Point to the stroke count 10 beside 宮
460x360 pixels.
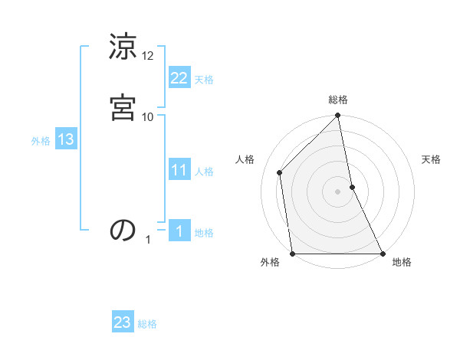148,116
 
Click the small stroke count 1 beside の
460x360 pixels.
149,240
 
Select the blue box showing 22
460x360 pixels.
179,78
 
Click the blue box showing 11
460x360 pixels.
179,170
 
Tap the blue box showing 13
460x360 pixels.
65,139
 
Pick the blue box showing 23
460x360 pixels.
123,322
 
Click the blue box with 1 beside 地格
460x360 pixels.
179,231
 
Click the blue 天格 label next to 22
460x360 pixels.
204,80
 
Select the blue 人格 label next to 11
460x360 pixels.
204,172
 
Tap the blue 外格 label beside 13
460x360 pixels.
41,141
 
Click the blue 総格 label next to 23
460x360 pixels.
147,324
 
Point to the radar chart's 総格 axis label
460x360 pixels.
338,100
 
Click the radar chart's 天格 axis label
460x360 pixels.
432,159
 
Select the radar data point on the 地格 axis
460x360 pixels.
382,254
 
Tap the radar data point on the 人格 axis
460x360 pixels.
280,172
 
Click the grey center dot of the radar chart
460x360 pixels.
338,191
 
